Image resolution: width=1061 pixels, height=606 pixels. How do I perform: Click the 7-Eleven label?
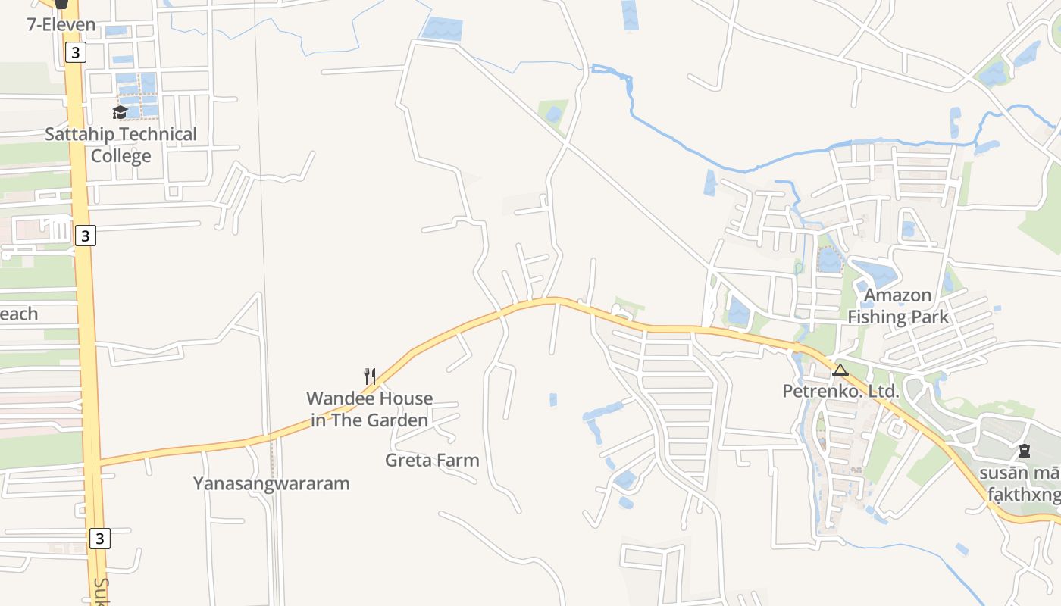tap(61, 24)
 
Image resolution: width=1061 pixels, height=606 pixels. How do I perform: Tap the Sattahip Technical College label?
tap(120, 145)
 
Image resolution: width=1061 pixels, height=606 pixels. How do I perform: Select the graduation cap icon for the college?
tap(120, 113)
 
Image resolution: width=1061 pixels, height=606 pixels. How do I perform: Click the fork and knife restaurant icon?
tap(370, 376)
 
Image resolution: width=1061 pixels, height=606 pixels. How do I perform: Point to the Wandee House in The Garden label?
tap(370, 409)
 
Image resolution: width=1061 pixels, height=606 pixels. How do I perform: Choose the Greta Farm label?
tap(432, 460)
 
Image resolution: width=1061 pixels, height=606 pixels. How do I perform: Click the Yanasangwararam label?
tap(271, 483)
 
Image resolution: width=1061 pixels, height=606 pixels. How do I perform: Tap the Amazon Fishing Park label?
tap(898, 306)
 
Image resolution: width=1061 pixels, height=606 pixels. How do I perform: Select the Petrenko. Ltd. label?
tap(840, 392)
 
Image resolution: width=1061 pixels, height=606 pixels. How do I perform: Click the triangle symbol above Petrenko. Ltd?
tap(840, 370)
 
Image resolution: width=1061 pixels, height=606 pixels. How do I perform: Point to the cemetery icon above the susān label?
tap(1025, 451)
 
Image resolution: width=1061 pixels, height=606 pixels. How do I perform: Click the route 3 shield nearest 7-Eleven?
tap(75, 52)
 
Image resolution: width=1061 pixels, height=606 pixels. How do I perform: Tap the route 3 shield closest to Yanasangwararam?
tap(99, 539)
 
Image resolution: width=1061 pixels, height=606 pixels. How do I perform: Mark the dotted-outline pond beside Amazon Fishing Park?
tap(830, 260)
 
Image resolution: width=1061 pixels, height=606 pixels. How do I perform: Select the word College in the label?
tap(121, 156)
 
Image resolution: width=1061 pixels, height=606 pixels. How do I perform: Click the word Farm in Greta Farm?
tap(457, 460)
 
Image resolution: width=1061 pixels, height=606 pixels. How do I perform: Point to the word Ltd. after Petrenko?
tap(882, 392)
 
